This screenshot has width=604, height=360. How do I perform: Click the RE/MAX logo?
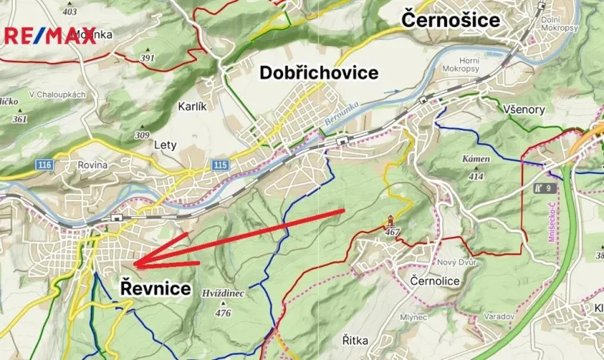click(51, 35)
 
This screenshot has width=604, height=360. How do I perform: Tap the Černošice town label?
click(451, 19)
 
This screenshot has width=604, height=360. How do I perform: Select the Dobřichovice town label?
click(319, 73)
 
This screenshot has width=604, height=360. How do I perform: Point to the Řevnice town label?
click(155, 288)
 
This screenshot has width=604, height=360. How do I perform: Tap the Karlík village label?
click(192, 107)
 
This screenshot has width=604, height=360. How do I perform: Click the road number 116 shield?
click(45, 165)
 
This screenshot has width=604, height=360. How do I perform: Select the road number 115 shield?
click(220, 165)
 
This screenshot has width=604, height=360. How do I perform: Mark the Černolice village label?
click(435, 282)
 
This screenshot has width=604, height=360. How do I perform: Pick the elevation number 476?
click(223, 313)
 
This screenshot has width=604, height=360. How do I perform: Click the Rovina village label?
click(92, 165)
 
